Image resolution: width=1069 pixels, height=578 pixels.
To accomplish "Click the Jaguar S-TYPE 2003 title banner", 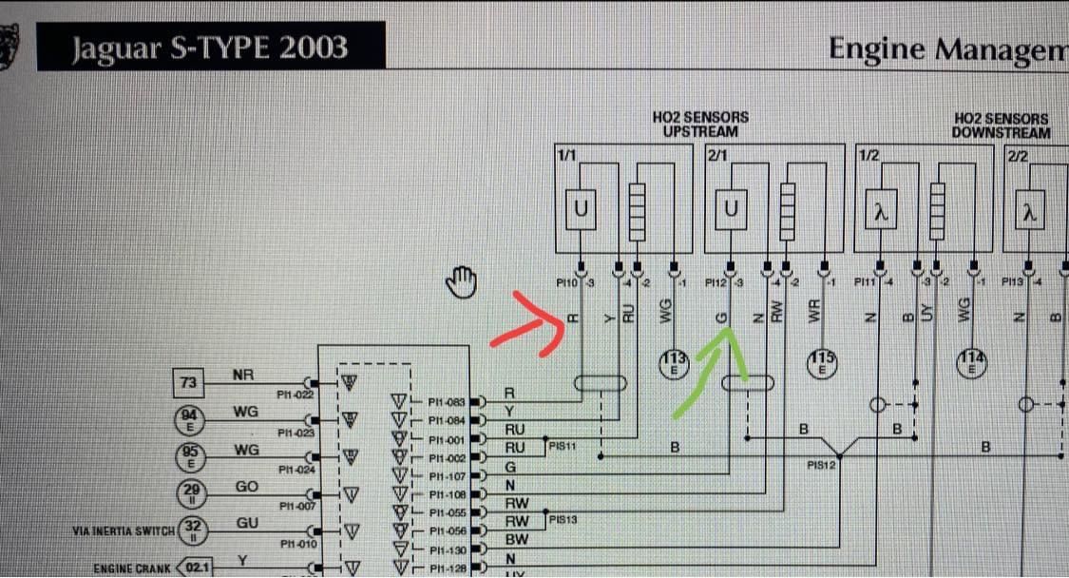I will click(211, 47).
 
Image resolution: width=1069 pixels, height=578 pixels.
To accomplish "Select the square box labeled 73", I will click(189, 384).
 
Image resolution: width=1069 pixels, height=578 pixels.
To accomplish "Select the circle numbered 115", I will click(822, 362).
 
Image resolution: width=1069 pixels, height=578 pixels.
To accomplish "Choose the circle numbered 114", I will click(972, 362).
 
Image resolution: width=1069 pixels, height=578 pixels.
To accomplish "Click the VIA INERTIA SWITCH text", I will click(123, 530).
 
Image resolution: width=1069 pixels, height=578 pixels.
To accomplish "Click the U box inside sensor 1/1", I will click(582, 211).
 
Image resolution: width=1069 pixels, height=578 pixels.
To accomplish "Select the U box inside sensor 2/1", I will click(731, 211).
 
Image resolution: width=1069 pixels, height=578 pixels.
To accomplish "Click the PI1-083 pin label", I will click(446, 402).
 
